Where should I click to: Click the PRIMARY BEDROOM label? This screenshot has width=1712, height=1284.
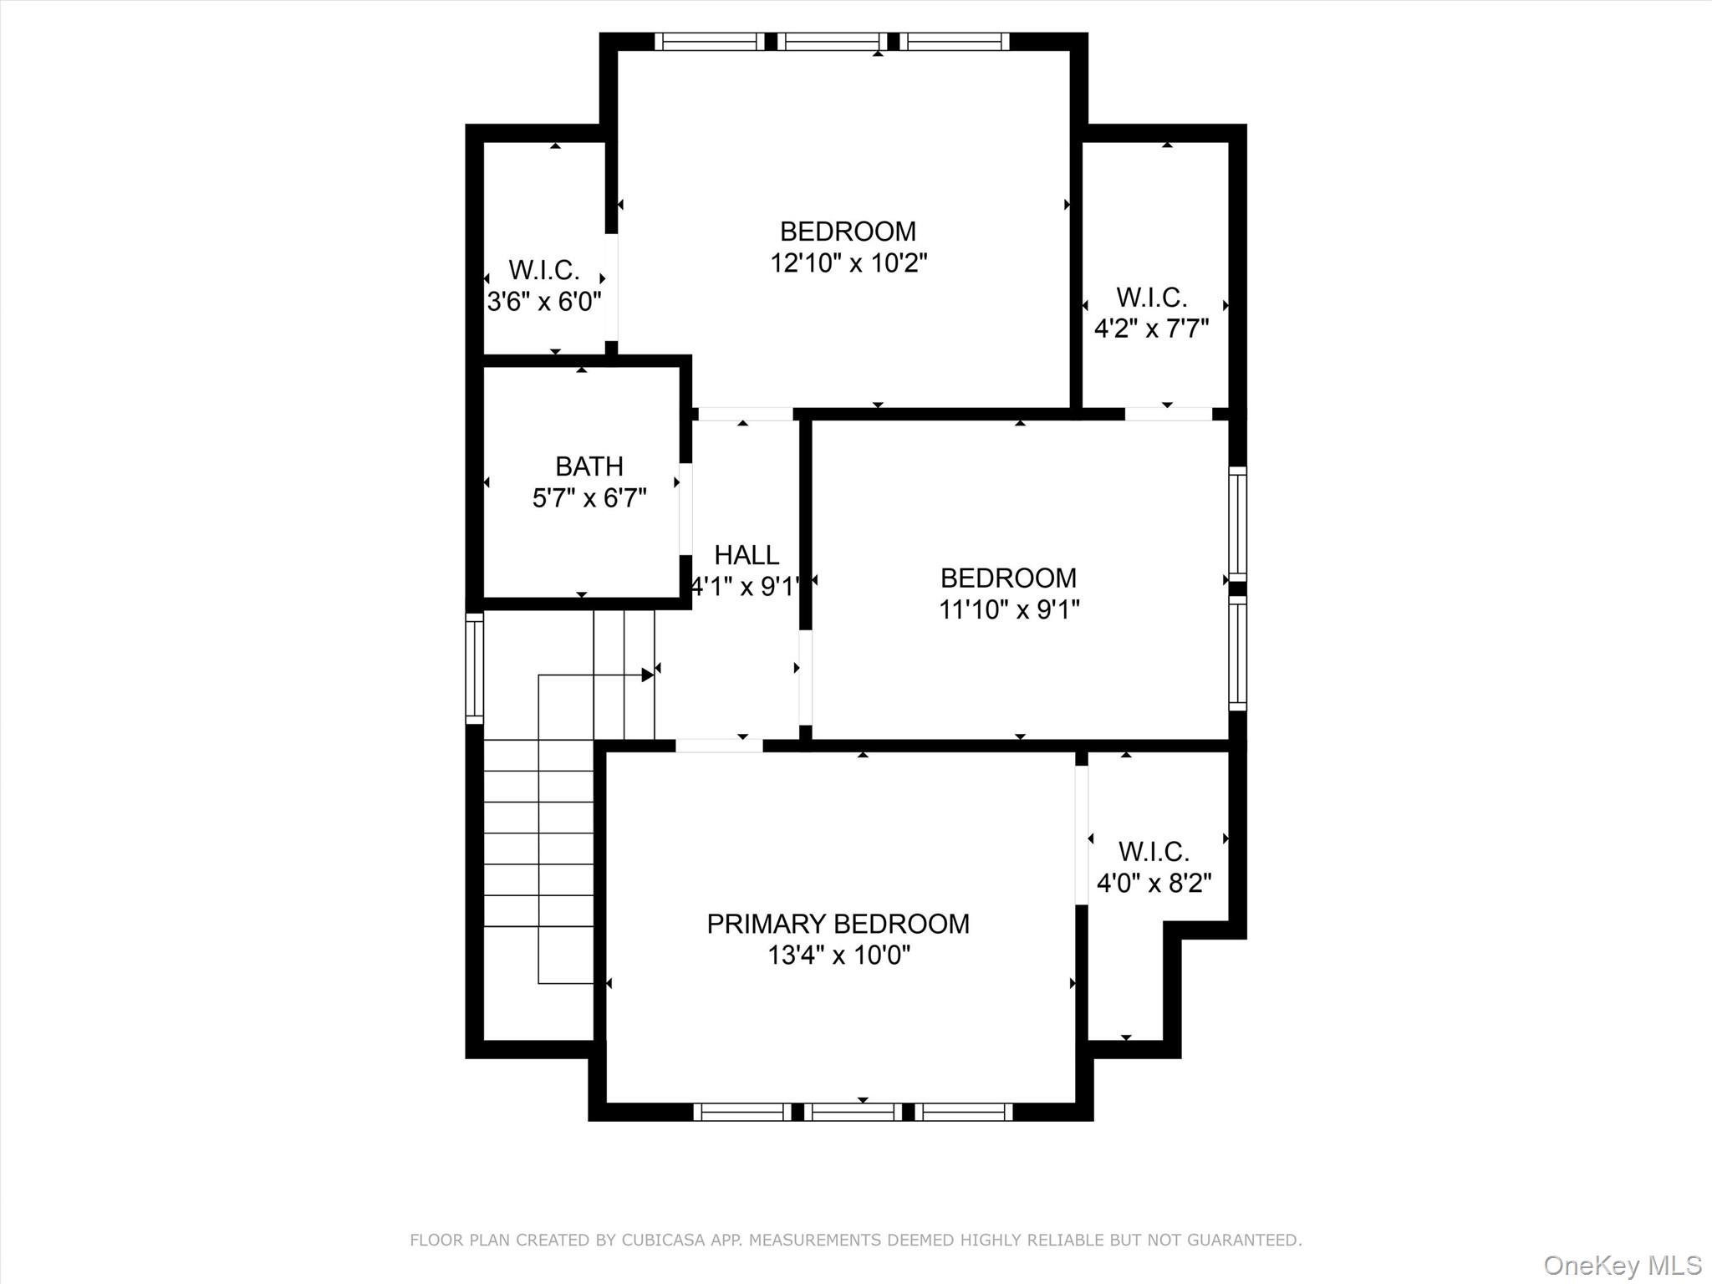click(838, 924)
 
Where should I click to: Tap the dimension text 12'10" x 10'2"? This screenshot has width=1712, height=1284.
click(848, 263)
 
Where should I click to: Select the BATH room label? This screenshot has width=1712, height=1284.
click(589, 466)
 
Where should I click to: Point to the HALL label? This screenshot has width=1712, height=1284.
click(746, 555)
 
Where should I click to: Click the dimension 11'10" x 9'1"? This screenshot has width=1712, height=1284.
click(1009, 609)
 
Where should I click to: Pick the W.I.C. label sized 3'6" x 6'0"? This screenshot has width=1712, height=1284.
click(544, 270)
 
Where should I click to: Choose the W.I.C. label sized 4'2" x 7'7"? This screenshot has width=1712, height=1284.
click(1152, 298)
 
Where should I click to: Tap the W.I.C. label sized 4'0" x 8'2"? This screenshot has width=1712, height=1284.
click(1154, 852)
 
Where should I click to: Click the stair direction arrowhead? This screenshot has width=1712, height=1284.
click(647, 675)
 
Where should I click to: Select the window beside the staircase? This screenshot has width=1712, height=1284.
click(474, 668)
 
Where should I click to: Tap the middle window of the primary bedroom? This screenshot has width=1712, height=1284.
click(853, 1112)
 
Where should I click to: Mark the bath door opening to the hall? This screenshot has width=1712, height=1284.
click(685, 509)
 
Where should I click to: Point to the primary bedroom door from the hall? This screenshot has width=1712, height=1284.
click(719, 746)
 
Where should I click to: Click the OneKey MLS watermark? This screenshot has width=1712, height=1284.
click(1622, 1265)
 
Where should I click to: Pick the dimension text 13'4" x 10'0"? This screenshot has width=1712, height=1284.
click(838, 955)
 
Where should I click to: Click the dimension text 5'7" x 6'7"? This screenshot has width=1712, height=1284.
click(589, 498)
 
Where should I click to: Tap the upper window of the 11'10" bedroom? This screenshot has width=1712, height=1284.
click(1237, 522)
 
